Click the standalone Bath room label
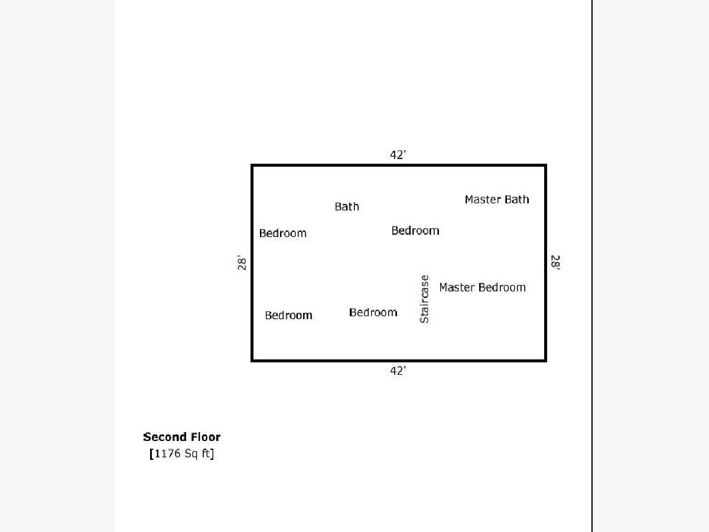347,206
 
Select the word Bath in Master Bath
516,200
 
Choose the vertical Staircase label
424,299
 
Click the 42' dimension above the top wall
398,155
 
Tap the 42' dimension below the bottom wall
398,371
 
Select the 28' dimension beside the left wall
242,263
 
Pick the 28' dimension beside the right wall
555,262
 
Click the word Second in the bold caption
161,437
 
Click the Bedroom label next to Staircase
373,312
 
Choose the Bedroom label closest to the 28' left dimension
283,233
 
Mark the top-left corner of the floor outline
253,166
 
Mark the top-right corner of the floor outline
545,166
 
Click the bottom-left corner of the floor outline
253,359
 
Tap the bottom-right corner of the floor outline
545,359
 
